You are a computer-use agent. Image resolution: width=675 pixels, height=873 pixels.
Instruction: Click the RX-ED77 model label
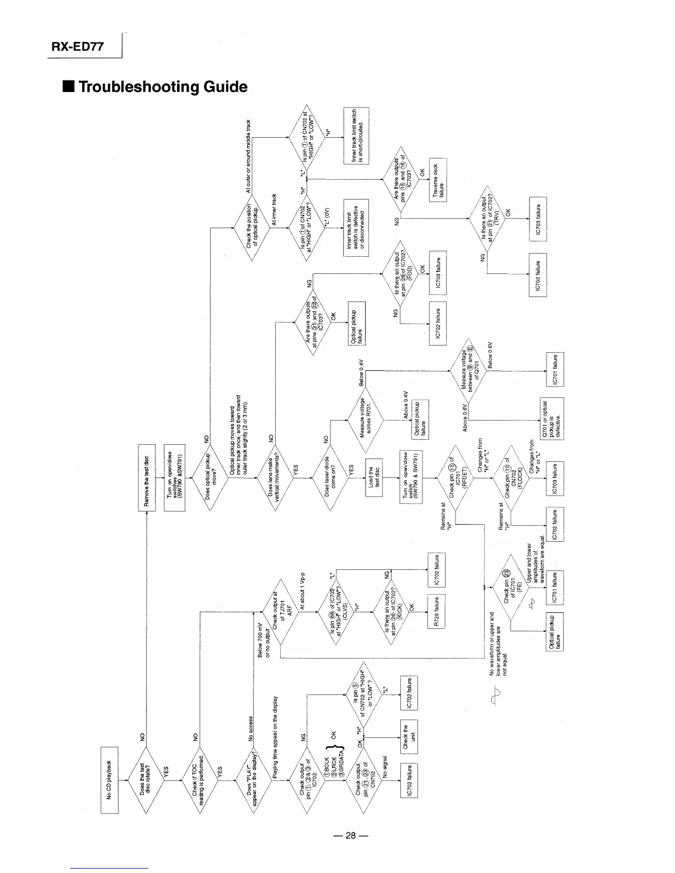(77, 46)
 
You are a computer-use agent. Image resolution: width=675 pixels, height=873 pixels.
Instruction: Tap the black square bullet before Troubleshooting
(69, 87)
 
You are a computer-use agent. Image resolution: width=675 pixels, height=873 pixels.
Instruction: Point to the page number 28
(350, 836)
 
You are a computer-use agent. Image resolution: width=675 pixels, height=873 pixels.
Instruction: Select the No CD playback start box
(109, 779)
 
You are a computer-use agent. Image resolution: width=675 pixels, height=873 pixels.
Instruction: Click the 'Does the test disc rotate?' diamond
(146, 779)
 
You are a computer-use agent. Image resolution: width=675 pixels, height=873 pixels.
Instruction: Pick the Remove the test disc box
(146, 481)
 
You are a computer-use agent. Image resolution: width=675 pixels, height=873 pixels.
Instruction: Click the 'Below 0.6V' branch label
(490, 355)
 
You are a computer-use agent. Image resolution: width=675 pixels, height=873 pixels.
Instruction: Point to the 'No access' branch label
(251, 729)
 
